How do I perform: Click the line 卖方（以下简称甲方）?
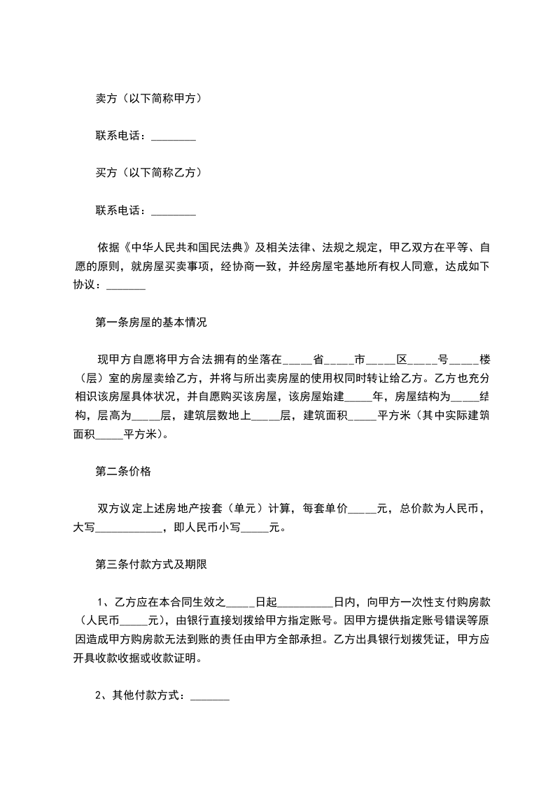[x=149, y=99]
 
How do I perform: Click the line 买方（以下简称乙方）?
[x=149, y=172]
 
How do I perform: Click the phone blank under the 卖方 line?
[x=173, y=136]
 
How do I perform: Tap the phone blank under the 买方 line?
[x=173, y=210]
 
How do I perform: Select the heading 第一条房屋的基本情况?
[x=150, y=323]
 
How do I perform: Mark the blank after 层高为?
[x=146, y=416]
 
